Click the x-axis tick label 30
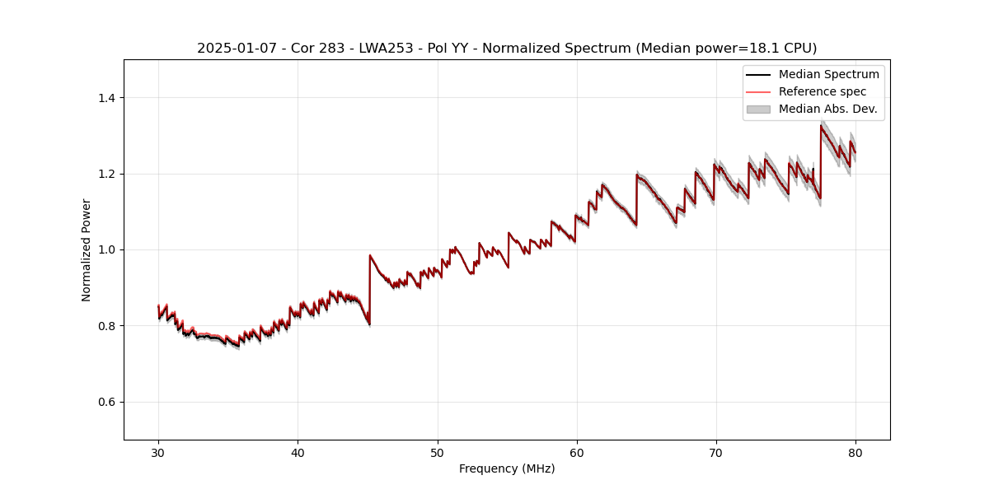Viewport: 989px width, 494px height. pos(158,452)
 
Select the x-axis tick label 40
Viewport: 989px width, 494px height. pos(298,452)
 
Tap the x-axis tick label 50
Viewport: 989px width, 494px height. pos(438,452)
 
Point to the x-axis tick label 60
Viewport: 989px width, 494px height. pos(577,452)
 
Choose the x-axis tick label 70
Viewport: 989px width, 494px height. pos(716,452)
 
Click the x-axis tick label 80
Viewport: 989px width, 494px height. pos(855,452)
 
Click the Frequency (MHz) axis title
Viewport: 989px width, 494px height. pos(507,468)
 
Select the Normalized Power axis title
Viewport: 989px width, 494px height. pos(87,249)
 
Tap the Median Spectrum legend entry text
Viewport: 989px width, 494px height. pos(828,74)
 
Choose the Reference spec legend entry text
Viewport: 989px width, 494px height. pos(822,91)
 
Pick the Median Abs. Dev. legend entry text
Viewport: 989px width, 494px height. pos(827,109)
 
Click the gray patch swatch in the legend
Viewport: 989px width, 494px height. pos(758,109)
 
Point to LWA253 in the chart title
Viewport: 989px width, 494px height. pos(386,49)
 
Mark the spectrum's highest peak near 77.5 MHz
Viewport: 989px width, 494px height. pos(821,125)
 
